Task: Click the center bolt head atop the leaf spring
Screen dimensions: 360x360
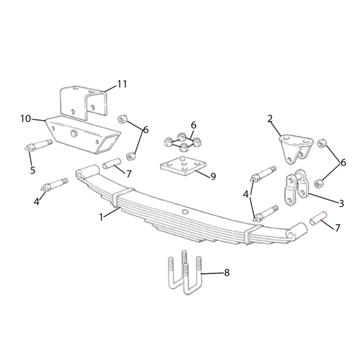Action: (185, 212)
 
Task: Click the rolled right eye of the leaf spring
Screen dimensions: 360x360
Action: (298, 230)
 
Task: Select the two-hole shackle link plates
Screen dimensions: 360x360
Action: (296, 186)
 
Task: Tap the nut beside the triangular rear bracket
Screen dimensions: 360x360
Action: (323, 145)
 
